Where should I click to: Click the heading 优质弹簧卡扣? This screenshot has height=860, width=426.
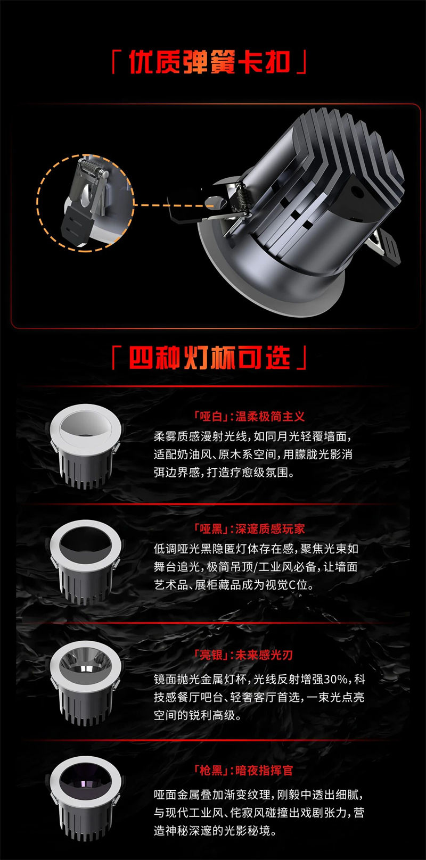(209, 62)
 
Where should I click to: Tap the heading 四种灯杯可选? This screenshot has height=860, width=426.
(209, 358)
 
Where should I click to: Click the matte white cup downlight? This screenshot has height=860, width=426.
(85, 446)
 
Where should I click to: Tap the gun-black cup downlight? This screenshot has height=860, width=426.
(85, 798)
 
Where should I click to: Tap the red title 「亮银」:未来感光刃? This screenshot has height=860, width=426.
(243, 655)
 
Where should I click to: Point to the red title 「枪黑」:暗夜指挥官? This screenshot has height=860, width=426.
(243, 770)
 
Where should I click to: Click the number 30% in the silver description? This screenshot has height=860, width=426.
(335, 679)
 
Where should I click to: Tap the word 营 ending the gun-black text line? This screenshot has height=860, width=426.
(359, 812)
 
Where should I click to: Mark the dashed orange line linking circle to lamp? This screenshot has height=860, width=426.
(174, 205)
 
